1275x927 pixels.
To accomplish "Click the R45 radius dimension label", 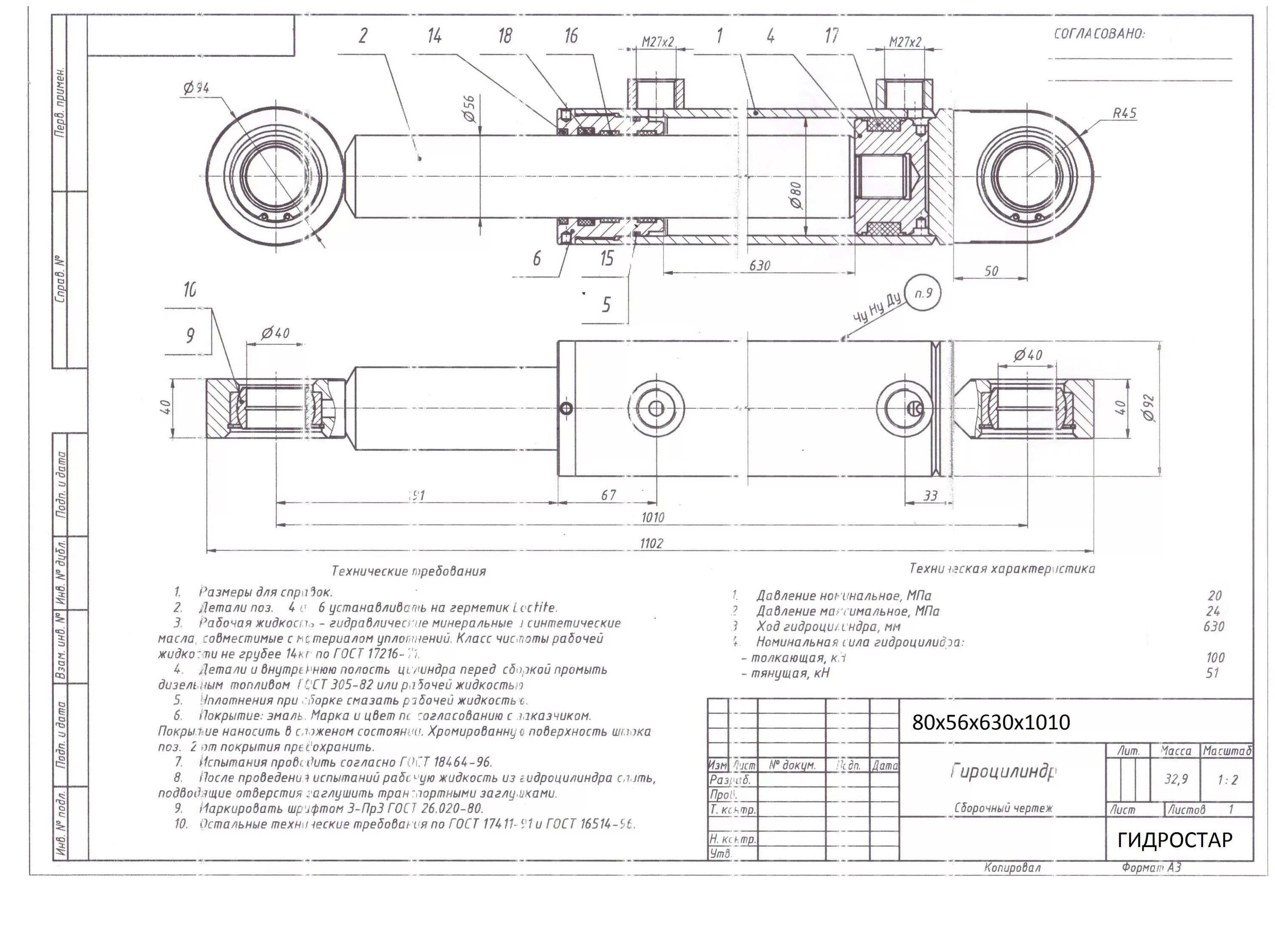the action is point(1125,113).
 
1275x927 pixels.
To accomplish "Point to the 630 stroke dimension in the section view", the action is point(759,265).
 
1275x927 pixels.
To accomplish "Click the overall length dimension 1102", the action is point(651,543).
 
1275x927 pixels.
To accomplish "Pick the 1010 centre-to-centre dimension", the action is point(653,517).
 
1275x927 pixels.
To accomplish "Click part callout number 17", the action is point(831,36).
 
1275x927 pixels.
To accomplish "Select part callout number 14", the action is point(434,36).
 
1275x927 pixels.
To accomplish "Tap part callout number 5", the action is point(606,305).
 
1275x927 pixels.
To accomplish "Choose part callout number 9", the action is point(190,336).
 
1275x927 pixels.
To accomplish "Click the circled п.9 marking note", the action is point(923,293).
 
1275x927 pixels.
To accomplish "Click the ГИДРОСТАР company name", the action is point(1174,840).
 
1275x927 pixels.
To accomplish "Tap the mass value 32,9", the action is point(1176,779).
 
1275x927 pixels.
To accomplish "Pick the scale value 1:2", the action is point(1227,780).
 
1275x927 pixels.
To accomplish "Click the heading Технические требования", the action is point(409,571).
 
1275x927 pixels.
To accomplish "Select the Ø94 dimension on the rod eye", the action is point(196,88).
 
